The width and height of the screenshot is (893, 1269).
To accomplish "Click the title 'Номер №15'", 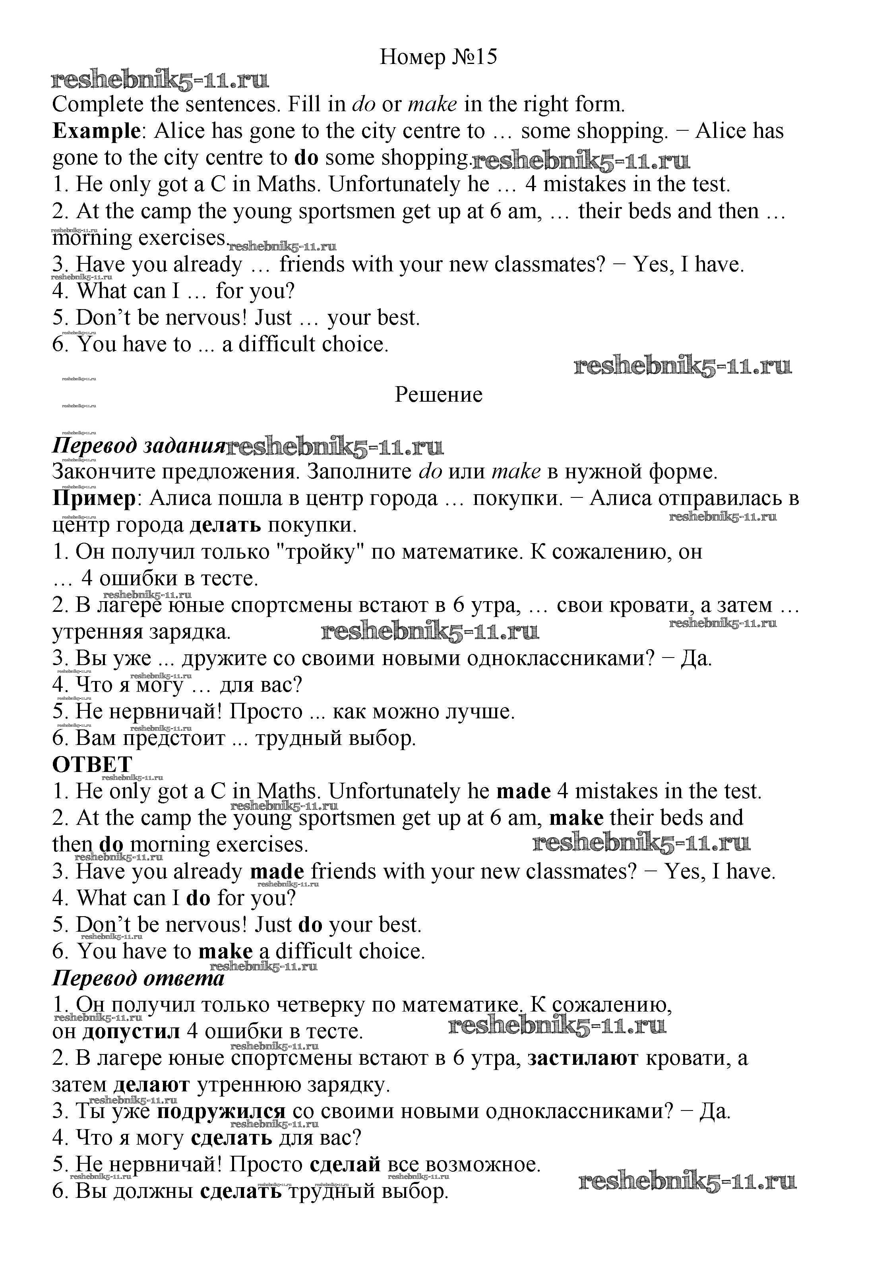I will pos(438,57).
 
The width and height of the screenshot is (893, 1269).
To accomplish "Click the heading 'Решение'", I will pos(438,395).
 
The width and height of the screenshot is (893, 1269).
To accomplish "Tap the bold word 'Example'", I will pos(96,132).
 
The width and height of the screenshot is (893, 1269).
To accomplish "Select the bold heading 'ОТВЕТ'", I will pos(92,764).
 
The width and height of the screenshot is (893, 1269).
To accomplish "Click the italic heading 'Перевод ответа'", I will pos(138,978).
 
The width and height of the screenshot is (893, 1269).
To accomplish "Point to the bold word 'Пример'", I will pos(94,499).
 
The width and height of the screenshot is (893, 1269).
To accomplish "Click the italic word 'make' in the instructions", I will pos(432,104).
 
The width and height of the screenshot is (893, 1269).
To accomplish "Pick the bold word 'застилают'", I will pos(582,1058).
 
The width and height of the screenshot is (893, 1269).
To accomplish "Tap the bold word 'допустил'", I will pos(131,1031).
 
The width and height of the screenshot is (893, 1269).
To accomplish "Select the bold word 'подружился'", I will pos(221,1111).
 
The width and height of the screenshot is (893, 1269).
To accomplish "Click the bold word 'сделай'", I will pos(345,1165).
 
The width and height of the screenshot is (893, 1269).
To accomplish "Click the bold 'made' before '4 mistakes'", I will pos(523,791).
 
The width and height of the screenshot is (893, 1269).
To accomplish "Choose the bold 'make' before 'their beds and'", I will pos(575,818).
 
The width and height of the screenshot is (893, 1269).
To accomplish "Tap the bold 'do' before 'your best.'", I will pos(310,925).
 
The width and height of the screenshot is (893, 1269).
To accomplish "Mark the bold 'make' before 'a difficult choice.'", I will pos(225,951).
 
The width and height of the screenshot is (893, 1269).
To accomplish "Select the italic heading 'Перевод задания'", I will pos(138,445).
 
